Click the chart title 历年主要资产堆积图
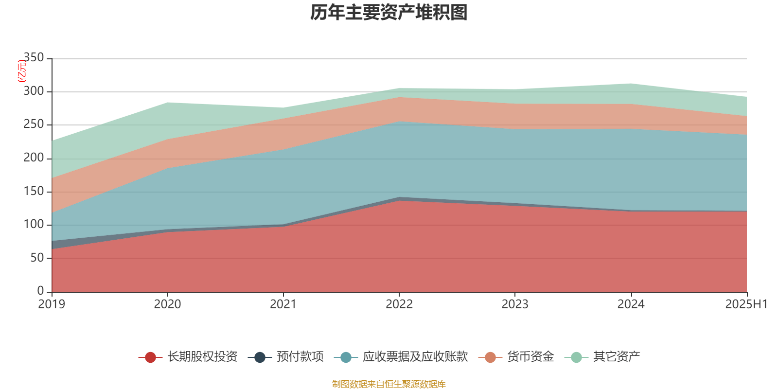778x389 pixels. (389, 13)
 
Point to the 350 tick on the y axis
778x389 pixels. (34, 58)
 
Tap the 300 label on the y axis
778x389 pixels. (34, 91)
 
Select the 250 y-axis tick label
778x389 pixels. (34, 124)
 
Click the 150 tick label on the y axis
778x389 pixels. (34, 191)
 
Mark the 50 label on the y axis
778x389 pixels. (37, 258)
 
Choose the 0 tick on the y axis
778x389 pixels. (41, 291)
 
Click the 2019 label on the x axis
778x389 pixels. (52, 304)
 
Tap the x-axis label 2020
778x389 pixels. (167, 304)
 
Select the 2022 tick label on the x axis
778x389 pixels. (399, 304)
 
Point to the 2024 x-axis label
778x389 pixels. (631, 304)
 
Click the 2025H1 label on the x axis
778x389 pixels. (746, 304)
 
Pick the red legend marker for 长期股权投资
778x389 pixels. (150, 357)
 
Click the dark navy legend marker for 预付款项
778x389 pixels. (260, 357)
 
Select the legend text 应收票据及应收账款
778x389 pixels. (415, 357)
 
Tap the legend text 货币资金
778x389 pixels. (530, 357)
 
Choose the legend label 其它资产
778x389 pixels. (616, 357)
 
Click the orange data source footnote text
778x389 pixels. (389, 384)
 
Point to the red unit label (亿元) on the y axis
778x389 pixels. (21, 71)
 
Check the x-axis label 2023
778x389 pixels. (515, 304)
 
